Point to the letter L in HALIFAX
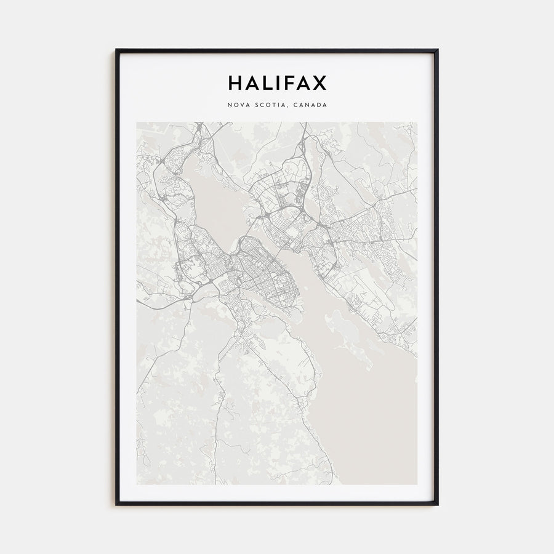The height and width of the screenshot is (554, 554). pyautogui.click(x=267, y=82)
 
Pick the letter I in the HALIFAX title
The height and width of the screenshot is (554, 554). pyautogui.click(x=278, y=82)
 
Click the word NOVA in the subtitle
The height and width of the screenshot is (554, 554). pyautogui.click(x=239, y=105)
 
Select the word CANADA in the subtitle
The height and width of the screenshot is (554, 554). pyautogui.click(x=310, y=105)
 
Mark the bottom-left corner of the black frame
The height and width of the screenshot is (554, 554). pyautogui.click(x=116, y=504)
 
